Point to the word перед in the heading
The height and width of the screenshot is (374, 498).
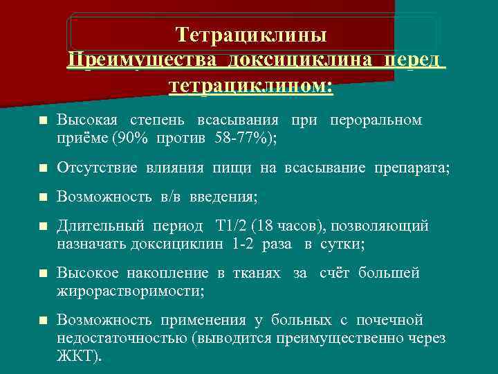pyautogui.click(x=412, y=60)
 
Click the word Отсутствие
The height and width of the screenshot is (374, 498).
pyautogui.click(x=98, y=168)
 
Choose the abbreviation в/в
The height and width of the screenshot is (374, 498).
pyautogui.click(x=172, y=197)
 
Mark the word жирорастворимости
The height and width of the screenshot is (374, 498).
pyautogui.click(x=130, y=291)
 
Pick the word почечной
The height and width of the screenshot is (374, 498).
pyautogui.click(x=389, y=321)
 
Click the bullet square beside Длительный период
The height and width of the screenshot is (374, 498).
pyautogui.click(x=43, y=227)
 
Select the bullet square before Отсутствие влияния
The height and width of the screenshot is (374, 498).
pyautogui.click(x=43, y=168)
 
